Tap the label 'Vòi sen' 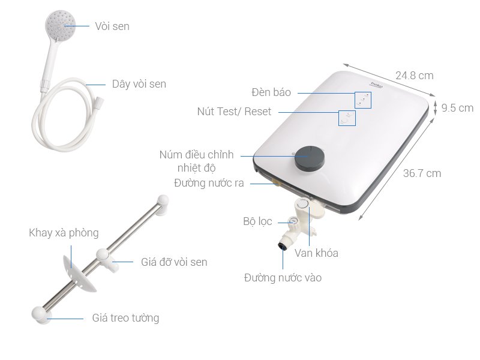pyautogui.click(x=112, y=26)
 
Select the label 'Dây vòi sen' pyautogui.click(x=139, y=84)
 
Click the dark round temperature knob pyautogui.click(x=308, y=157)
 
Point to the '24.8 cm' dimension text pyautogui.click(x=414, y=76)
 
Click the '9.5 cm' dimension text pyautogui.click(x=457, y=108)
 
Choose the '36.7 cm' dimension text pyautogui.click(x=422, y=173)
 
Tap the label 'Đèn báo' pyautogui.click(x=271, y=92)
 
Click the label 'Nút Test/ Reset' pyautogui.click(x=234, y=112)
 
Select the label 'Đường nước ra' pyautogui.click(x=209, y=183)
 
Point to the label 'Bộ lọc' pyautogui.click(x=257, y=222)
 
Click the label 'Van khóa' pyautogui.click(x=316, y=253)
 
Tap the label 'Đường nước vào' pyautogui.click(x=283, y=278)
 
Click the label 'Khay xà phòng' pyautogui.click(x=64, y=233)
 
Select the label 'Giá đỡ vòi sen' pyautogui.click(x=174, y=262)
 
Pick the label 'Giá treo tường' pyautogui.click(x=125, y=318)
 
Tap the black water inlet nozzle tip pyautogui.click(x=281, y=245)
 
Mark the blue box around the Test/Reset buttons pyautogui.click(x=347, y=118)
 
